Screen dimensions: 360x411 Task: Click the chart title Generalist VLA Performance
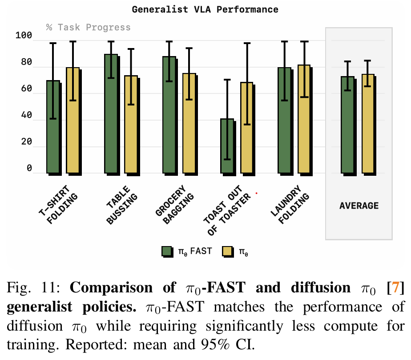tap(205, 9)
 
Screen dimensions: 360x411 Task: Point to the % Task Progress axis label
tap(88, 28)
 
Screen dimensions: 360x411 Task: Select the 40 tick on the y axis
tap(27, 116)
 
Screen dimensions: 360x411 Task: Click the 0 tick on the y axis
tap(29, 168)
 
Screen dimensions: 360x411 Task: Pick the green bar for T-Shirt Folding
tap(53, 127)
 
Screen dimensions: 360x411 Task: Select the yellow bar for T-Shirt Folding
tap(73, 120)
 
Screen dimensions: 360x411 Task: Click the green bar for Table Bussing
tap(111, 113)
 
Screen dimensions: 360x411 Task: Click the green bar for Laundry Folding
tap(285, 120)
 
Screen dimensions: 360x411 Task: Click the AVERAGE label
tap(359, 206)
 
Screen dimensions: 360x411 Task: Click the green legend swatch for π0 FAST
tap(167, 252)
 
